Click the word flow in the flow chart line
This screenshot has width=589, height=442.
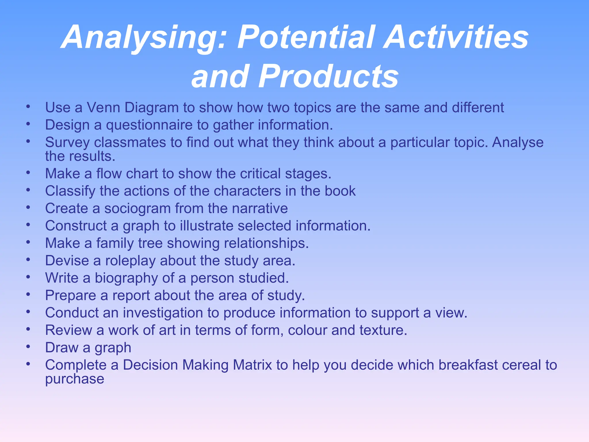[108, 174]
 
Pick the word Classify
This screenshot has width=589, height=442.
[70, 191]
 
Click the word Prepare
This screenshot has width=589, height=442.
[70, 296]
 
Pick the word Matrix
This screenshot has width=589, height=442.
[252, 365]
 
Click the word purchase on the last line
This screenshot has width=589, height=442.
[74, 379]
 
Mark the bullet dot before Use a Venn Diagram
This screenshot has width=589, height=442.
[28, 106]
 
